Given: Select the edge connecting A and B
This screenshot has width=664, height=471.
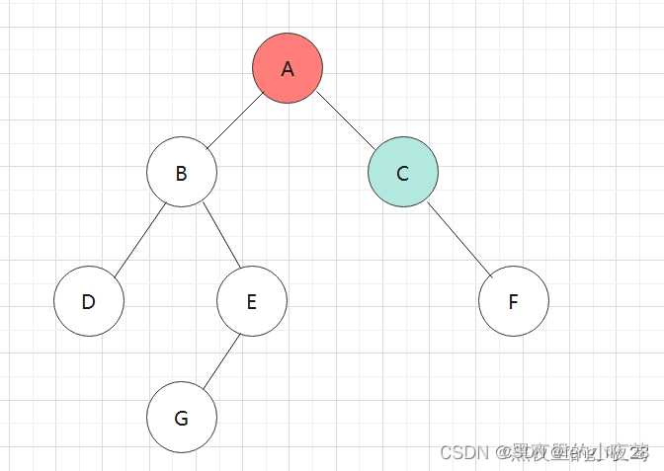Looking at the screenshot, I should tap(232, 120).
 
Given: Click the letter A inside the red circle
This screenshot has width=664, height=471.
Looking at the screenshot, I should tap(288, 68).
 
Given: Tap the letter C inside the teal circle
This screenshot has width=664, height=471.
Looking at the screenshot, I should tap(402, 174).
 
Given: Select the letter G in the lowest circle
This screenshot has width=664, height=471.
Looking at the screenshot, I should tap(181, 418).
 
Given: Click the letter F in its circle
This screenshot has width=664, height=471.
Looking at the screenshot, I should tap(513, 301).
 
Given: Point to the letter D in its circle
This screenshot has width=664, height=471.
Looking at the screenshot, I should tap(88, 301).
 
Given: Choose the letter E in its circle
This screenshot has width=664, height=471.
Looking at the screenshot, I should tap(251, 301).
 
